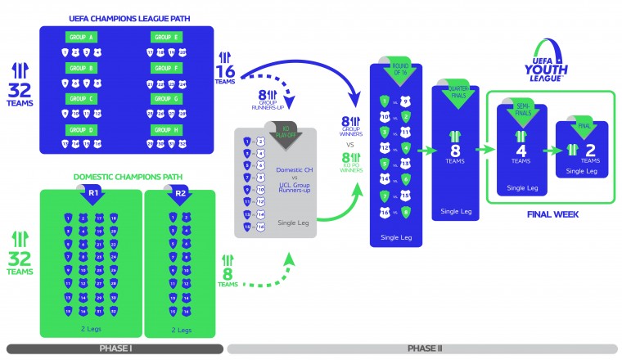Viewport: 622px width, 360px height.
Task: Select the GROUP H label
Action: coord(167,129)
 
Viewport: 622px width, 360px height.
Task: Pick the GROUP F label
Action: coord(167,68)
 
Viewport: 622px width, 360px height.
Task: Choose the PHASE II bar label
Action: coord(424,349)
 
